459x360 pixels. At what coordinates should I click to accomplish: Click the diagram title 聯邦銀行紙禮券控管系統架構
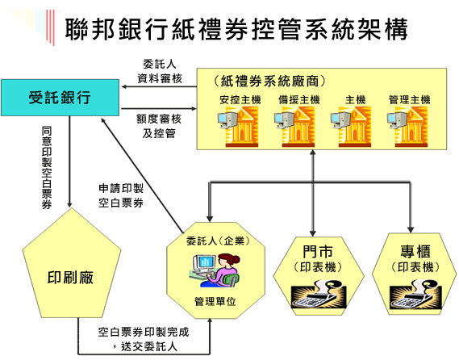(x=236, y=29)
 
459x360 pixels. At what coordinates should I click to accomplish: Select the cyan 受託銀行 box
(x=60, y=98)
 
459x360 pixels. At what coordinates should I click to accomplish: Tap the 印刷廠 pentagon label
(x=70, y=278)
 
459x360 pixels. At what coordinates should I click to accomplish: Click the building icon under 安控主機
(x=238, y=126)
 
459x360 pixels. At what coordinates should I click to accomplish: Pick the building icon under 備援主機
(x=294, y=126)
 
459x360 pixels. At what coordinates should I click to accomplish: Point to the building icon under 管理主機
(x=407, y=126)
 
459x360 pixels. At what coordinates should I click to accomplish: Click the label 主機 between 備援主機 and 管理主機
(x=356, y=100)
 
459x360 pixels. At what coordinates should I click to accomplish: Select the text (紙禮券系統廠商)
(x=269, y=82)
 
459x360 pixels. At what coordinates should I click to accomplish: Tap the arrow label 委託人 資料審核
(x=160, y=71)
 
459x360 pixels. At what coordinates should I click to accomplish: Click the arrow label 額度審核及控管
(x=159, y=126)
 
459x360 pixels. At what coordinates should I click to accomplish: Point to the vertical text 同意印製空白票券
(x=47, y=168)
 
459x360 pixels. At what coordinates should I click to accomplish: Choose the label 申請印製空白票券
(x=121, y=195)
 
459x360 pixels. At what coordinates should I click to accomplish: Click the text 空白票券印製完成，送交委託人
(x=144, y=339)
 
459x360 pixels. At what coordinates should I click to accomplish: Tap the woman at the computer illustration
(x=215, y=270)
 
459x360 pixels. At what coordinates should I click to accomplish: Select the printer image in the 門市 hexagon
(x=319, y=294)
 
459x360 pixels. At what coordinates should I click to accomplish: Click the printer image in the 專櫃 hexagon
(x=415, y=294)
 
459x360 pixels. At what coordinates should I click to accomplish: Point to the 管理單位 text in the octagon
(x=215, y=301)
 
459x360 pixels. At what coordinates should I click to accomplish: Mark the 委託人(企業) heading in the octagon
(x=218, y=241)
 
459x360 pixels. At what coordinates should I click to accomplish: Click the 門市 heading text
(x=318, y=251)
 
